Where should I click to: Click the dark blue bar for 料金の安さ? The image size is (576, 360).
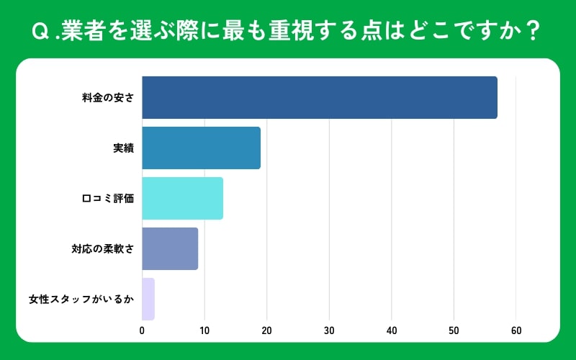pos(319,97)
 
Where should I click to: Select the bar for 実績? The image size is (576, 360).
pos(201,148)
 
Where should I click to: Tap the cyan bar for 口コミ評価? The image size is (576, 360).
pos(182,198)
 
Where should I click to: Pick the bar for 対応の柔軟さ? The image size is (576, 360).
pos(170,248)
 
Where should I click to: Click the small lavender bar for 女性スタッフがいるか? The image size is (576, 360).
pos(148,299)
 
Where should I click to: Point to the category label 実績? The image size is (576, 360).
pos(123,148)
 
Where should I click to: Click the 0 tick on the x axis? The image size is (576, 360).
pos(142,330)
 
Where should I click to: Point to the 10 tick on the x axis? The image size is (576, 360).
pos(204,330)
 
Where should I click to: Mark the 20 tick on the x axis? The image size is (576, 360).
pos(266,330)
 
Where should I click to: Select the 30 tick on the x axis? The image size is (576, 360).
pos(329,330)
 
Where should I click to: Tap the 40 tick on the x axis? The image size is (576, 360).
pos(392,330)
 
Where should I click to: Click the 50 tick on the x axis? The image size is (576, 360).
pos(454,330)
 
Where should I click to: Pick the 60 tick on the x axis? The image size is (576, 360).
pos(516,330)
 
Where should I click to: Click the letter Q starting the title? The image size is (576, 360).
pos(41,32)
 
